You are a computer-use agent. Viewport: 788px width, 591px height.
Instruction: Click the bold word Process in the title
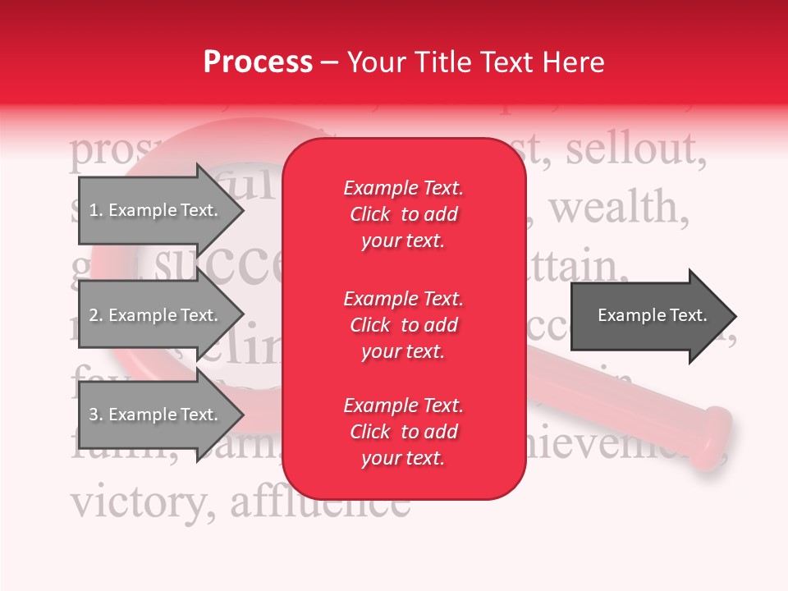pyautogui.click(x=258, y=62)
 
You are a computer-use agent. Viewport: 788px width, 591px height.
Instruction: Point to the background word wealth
pyautogui.click(x=618, y=208)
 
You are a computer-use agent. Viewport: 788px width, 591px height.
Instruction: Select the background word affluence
pyautogui.click(x=320, y=501)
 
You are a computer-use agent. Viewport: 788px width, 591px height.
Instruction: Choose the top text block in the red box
pyautogui.click(x=403, y=214)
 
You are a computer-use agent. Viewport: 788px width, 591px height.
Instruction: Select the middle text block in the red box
pyautogui.click(x=403, y=325)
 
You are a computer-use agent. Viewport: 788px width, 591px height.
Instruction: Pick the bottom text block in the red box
pyautogui.click(x=403, y=432)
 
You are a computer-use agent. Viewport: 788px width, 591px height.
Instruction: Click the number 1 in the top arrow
pyautogui.click(x=94, y=210)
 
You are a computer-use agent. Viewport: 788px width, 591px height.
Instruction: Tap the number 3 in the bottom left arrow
pyautogui.click(x=94, y=415)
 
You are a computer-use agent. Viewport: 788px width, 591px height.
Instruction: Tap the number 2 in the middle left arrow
pyautogui.click(x=94, y=315)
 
